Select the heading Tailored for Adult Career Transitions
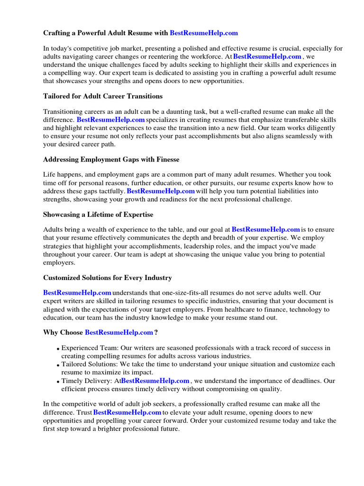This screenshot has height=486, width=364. tap(103, 96)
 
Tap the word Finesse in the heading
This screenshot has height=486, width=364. tap(166, 159)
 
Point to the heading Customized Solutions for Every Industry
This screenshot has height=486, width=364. tap(108, 278)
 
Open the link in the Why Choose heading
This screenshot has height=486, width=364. tap(119, 332)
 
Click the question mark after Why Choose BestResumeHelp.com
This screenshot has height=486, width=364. tap(156, 332)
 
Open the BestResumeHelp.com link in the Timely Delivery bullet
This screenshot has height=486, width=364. tap(155, 381)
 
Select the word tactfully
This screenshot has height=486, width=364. tap(110, 191)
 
